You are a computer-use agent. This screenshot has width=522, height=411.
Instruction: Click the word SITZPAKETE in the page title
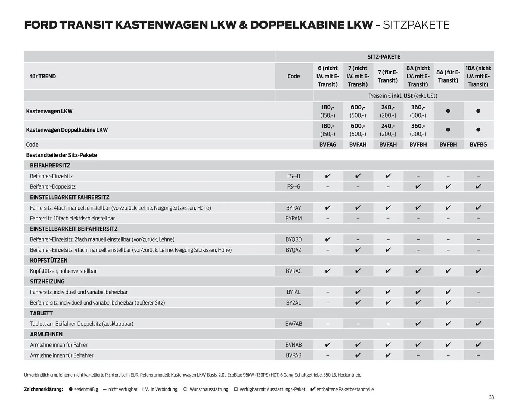click(x=416, y=25)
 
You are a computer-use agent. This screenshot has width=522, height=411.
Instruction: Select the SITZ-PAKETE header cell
click(x=384, y=57)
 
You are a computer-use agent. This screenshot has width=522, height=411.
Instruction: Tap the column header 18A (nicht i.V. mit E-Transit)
click(x=478, y=76)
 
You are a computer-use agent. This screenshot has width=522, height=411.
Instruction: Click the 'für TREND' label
click(x=43, y=76)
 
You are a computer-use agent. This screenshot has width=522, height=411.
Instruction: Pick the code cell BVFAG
click(x=328, y=144)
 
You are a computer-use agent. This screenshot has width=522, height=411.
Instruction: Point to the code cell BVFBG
click(x=478, y=144)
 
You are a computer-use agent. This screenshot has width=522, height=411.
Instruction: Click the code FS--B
click(x=294, y=176)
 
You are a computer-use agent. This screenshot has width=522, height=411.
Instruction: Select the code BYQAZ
click(x=294, y=250)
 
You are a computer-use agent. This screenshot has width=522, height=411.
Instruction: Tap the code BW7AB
click(x=294, y=324)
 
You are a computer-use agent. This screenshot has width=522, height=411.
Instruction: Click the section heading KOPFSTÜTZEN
click(x=49, y=260)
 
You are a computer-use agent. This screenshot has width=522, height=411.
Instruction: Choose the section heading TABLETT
click(x=41, y=313)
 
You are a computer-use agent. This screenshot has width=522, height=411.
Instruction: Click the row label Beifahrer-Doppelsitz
click(x=53, y=187)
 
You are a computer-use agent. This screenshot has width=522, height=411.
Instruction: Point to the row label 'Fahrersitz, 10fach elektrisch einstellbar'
click(x=72, y=219)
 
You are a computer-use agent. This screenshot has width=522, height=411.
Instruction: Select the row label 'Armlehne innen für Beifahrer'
click(x=62, y=355)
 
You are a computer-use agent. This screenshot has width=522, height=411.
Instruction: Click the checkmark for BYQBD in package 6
click(x=328, y=239)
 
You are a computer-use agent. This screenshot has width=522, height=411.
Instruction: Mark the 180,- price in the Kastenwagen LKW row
click(x=328, y=108)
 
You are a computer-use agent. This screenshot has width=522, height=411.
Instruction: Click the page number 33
click(x=491, y=397)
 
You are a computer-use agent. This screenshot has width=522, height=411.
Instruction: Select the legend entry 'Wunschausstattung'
click(x=209, y=389)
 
